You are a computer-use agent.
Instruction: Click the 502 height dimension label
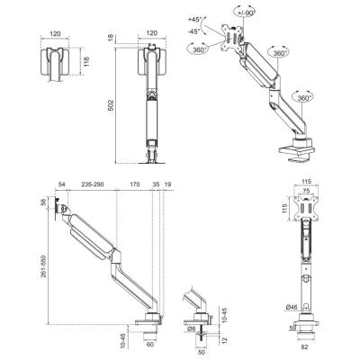pos(111,105)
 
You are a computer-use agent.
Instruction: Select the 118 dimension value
pos(86,62)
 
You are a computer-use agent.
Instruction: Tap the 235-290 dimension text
pos(93,184)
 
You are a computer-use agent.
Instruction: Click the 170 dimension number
pos(135,184)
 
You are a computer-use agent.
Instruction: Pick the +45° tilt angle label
pos(193,20)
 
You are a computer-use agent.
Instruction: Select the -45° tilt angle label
pos(193,31)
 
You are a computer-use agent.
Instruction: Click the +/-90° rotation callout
pos(244,13)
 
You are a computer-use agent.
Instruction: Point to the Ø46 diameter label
pos(292,307)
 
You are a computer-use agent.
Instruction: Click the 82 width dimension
pos(304,346)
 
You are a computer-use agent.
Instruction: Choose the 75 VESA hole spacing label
pos(306,191)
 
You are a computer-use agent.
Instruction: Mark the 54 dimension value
pos(61,184)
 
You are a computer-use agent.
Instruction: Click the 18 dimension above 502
pos(111,38)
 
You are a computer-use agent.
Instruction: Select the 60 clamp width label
pos(150,344)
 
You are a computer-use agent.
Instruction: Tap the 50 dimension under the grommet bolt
pos(201,352)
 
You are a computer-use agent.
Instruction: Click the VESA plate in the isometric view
pos(230,38)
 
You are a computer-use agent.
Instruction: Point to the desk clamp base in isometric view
pos(297,151)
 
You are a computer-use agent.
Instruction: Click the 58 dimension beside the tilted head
pos(44,203)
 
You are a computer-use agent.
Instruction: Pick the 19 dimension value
pos(167,184)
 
